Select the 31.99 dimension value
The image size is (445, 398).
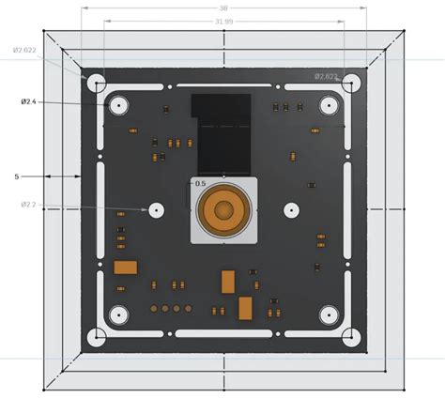[224, 20]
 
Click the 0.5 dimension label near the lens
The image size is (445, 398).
[199, 183]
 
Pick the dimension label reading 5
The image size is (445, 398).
[17, 176]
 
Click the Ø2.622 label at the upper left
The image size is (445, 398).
[24, 50]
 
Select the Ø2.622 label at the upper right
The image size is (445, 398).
[326, 76]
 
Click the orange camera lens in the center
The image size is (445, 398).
[224, 208]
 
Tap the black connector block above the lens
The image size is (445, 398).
[222, 131]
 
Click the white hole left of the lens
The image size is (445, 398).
[155, 209]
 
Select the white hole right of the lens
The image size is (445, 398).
[291, 209]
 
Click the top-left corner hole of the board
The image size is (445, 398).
[96, 82]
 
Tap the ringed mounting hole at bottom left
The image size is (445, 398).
[118, 316]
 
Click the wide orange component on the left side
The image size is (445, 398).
[126, 268]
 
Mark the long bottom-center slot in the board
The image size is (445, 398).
[223, 333]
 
